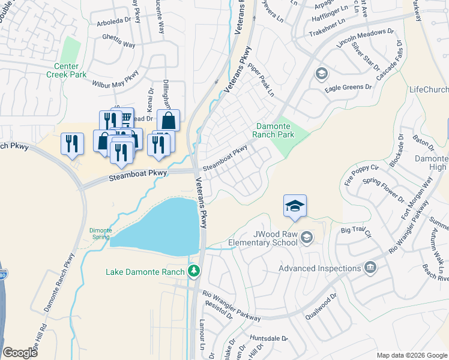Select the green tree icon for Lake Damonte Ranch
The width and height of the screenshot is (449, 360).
click(x=193, y=272)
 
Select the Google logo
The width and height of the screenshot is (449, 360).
click(x=20, y=352)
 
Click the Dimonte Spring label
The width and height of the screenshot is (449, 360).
click(x=100, y=233)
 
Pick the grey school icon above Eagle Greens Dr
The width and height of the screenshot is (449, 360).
click(x=321, y=73)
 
